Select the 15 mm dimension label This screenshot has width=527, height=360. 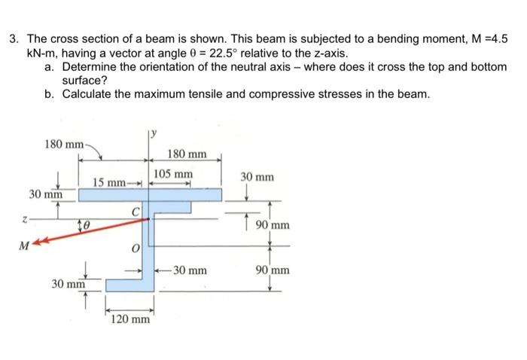coord(106,182)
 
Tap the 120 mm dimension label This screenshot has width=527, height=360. coord(129,319)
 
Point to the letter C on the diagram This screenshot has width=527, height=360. coord(136,211)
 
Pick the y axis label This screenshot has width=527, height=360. coord(152,134)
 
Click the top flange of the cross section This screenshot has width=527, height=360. coord(150,195)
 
